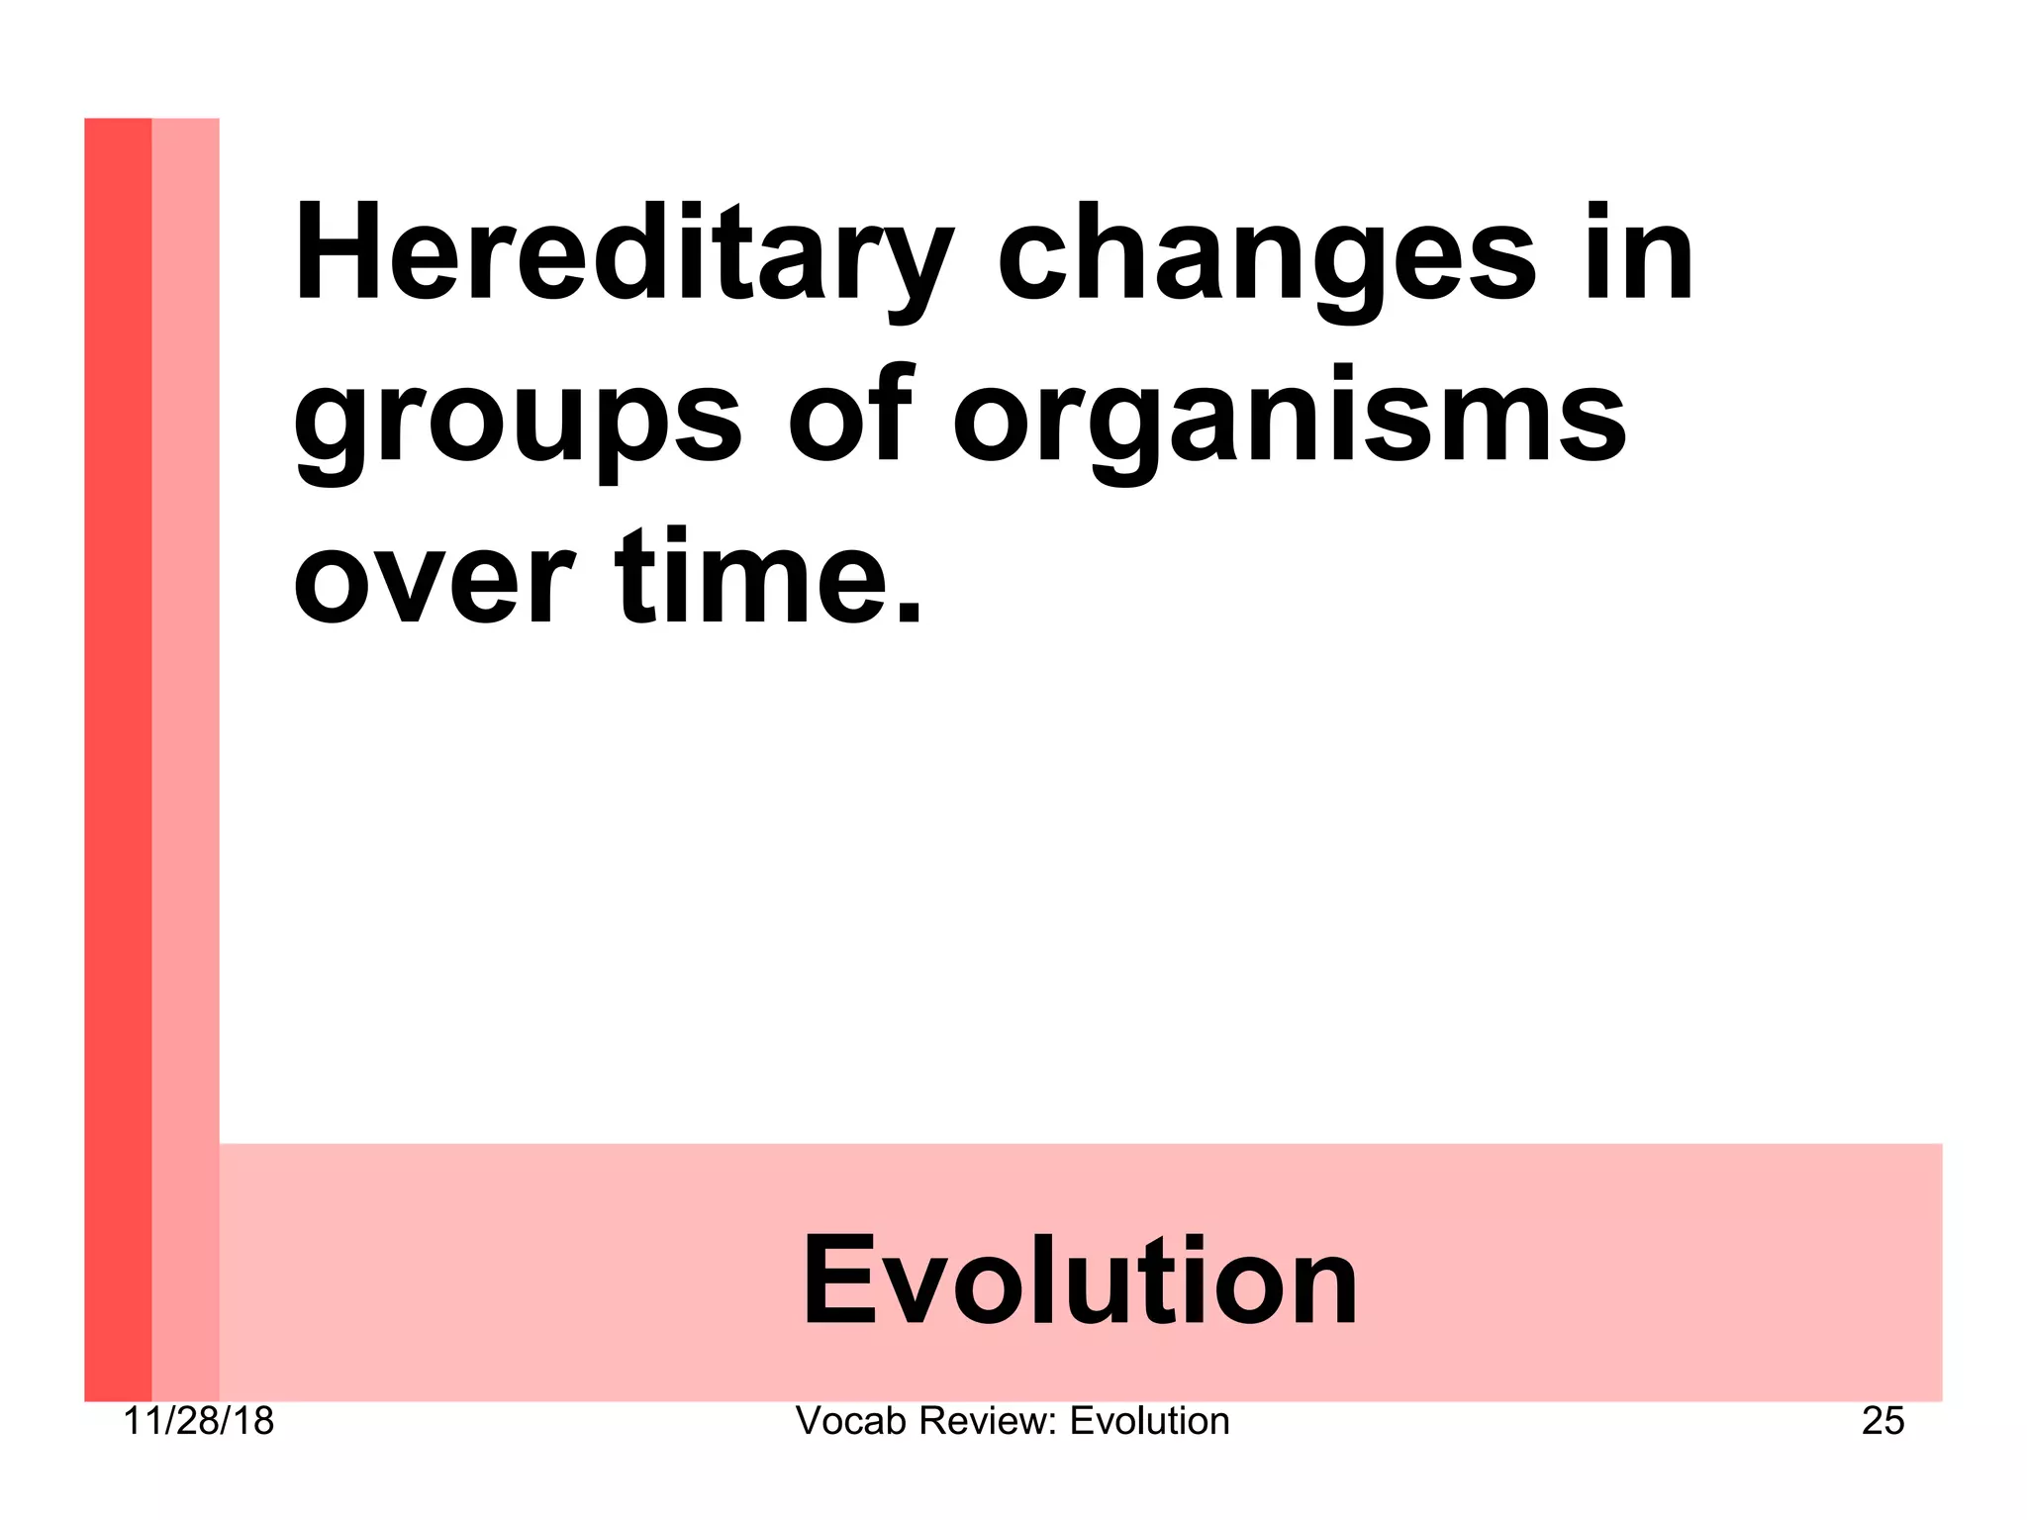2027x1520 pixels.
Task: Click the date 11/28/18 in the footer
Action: [x=198, y=1421]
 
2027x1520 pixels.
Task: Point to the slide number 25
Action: [x=1882, y=1421]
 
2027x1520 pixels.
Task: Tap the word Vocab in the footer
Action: [x=851, y=1421]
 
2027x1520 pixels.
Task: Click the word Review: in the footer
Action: [x=989, y=1421]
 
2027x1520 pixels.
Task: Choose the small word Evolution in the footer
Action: [x=1149, y=1421]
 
